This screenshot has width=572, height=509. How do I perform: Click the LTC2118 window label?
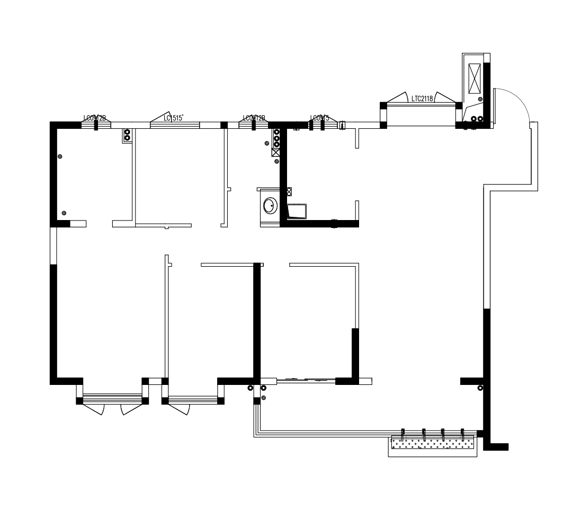[x=422, y=98]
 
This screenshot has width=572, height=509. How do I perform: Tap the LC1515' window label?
[x=174, y=118]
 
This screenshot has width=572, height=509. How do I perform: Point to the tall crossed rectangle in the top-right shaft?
[x=473, y=78]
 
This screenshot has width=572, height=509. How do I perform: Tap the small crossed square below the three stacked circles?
[x=275, y=153]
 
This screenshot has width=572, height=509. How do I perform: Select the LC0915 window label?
[x=319, y=118]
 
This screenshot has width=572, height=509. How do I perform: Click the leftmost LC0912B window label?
[x=95, y=118]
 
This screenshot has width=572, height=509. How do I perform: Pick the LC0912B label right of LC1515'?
[x=254, y=118]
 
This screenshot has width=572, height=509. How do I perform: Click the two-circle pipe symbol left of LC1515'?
[x=127, y=135]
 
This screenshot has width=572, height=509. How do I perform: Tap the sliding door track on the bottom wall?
[x=306, y=380]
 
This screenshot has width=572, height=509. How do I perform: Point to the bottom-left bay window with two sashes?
[x=112, y=399]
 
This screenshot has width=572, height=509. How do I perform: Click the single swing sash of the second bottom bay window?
[x=180, y=408]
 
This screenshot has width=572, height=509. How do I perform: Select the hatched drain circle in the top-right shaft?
[x=479, y=100]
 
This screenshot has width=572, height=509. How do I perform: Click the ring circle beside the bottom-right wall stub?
[x=480, y=388]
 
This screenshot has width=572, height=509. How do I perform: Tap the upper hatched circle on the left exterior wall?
[x=60, y=156]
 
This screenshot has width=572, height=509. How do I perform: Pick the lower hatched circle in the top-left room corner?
[x=64, y=213]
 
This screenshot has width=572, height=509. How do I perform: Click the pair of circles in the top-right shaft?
[x=477, y=119]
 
